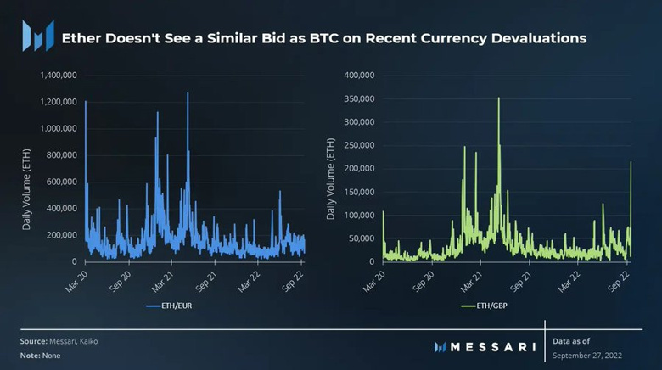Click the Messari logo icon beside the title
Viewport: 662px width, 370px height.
coord(37,36)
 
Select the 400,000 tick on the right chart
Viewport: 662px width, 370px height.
coord(359,76)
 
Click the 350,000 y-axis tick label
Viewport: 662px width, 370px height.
coord(359,98)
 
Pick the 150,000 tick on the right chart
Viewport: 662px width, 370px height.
coord(359,192)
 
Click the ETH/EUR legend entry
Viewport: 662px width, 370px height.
coord(170,304)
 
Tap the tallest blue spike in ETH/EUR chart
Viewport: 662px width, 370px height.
coord(188,93)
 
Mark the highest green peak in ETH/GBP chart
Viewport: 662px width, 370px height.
coord(498,98)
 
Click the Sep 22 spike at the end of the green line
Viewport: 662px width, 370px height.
coord(631,162)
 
